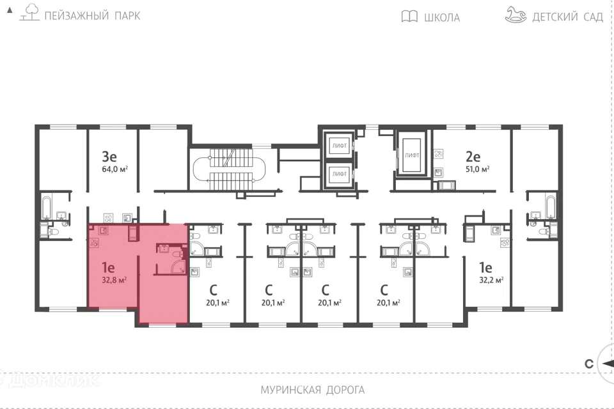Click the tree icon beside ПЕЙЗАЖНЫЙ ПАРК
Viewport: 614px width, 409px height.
click(x=29, y=12)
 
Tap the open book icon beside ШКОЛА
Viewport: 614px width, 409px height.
click(x=409, y=17)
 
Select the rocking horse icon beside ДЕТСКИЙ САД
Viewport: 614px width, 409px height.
click(x=516, y=15)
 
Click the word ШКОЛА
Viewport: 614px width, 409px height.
click(x=442, y=17)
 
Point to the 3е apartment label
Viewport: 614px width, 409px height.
click(x=109, y=157)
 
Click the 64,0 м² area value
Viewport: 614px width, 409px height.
click(x=114, y=169)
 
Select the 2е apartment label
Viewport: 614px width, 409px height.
click(x=473, y=157)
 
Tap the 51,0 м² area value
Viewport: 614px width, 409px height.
click(x=477, y=169)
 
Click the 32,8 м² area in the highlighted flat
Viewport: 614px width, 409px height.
click(x=114, y=281)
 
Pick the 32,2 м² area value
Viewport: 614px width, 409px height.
click(x=491, y=281)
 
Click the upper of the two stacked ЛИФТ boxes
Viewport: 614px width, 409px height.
click(x=339, y=145)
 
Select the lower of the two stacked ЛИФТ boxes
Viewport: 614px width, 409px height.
click(x=339, y=174)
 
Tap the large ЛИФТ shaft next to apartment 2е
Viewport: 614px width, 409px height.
click(x=412, y=155)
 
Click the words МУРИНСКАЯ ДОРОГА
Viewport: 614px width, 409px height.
click(x=313, y=390)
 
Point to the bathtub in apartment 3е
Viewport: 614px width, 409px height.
click(x=47, y=208)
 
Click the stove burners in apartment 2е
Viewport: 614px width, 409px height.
click(x=439, y=154)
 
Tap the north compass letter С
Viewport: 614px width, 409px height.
click(x=589, y=364)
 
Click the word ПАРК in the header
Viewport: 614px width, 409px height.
click(x=128, y=16)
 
